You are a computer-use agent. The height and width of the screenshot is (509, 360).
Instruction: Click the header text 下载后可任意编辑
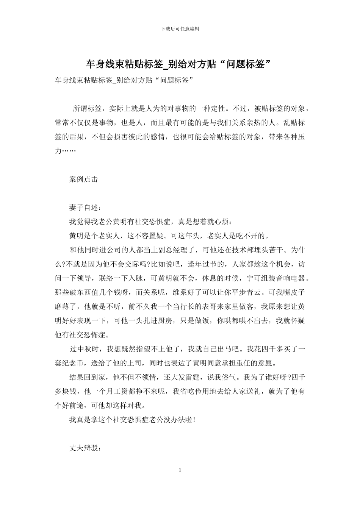click(x=180, y=29)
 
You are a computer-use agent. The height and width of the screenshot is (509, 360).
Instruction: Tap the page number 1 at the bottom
click(x=180, y=470)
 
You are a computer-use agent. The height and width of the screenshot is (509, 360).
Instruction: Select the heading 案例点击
click(x=84, y=179)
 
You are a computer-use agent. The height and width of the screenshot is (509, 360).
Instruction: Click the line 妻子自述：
click(x=85, y=208)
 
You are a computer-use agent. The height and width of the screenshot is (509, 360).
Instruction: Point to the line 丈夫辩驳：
click(x=85, y=448)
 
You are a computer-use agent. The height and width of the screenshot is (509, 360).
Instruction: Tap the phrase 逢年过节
click(x=206, y=264)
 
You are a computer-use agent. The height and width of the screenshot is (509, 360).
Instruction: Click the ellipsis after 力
click(x=69, y=151)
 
